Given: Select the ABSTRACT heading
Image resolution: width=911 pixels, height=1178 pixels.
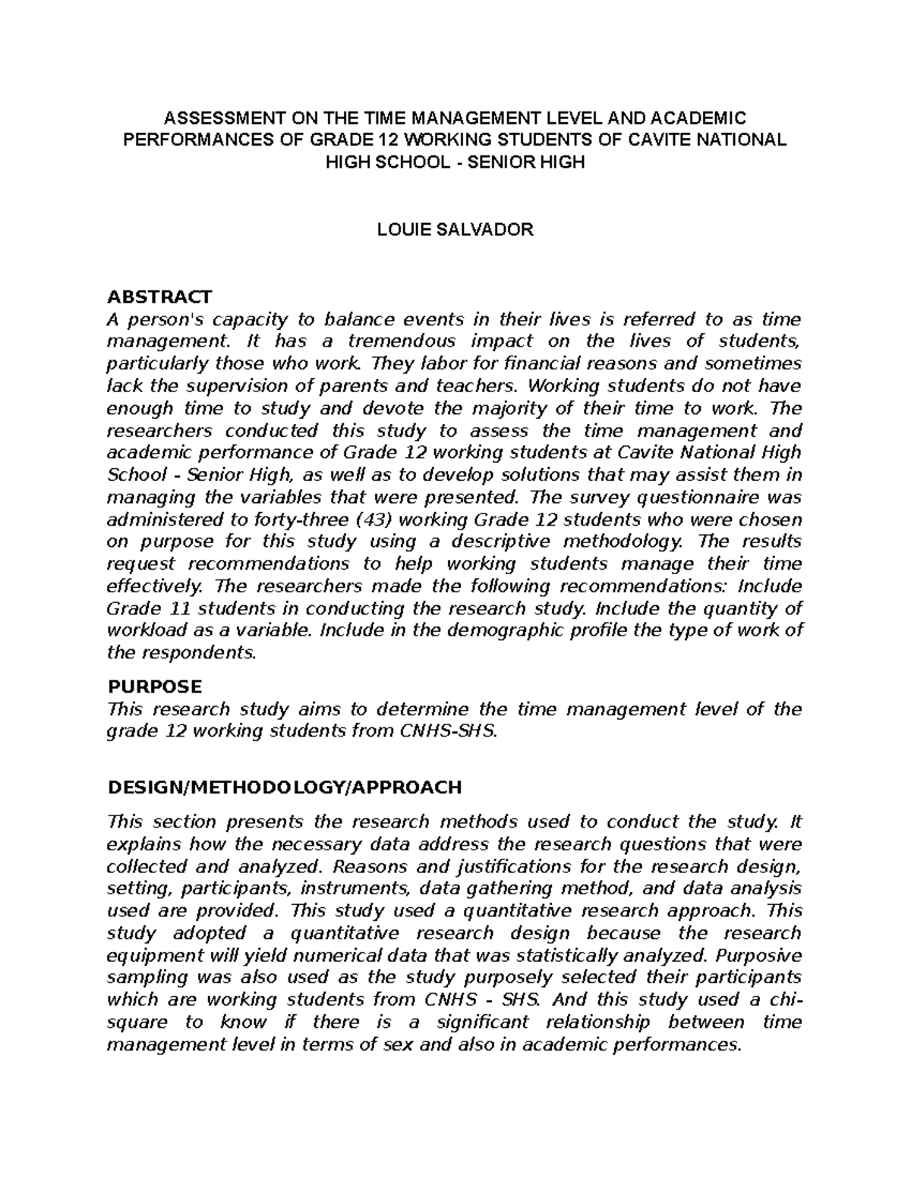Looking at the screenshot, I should point(160,296).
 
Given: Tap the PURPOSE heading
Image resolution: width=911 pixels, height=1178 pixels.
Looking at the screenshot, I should point(155,686).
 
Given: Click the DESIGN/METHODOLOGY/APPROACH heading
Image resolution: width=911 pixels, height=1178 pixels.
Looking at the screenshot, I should point(285,787).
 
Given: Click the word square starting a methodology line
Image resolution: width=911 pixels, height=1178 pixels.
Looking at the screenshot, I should point(135,1023).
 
